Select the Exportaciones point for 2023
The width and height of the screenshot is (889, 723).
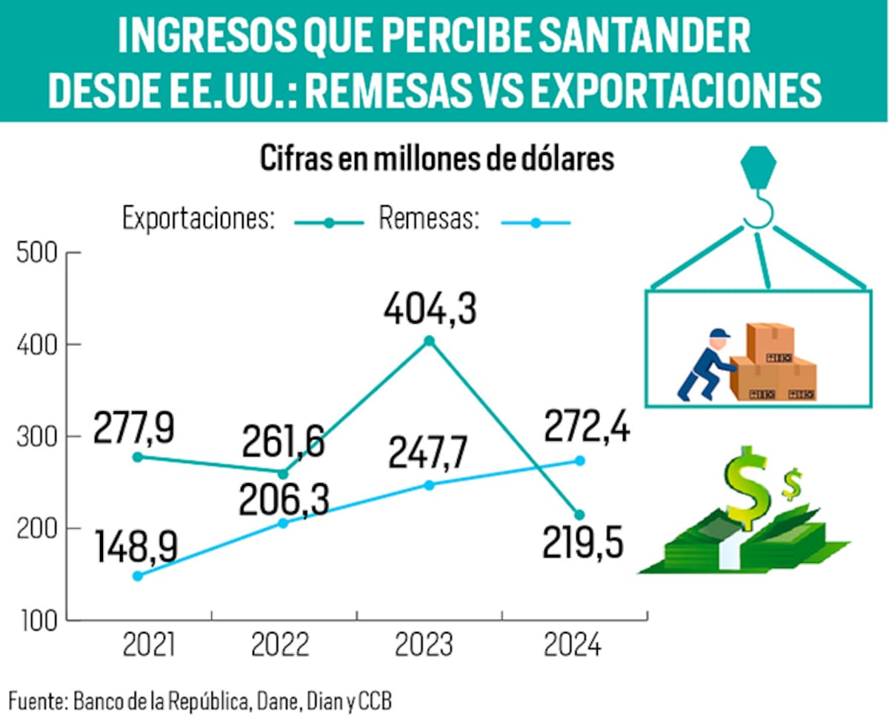[x=429, y=341]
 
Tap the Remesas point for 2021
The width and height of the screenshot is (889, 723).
[x=137, y=576]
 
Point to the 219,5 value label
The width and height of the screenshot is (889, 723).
[x=582, y=546]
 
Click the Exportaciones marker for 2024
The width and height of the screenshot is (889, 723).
[x=579, y=515]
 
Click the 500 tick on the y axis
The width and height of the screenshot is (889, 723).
[x=36, y=253]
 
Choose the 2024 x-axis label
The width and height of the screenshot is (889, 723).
[x=573, y=645]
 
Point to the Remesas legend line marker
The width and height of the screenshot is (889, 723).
[x=536, y=221]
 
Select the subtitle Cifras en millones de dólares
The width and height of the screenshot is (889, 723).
[x=437, y=159]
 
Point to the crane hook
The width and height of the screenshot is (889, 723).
[x=758, y=193]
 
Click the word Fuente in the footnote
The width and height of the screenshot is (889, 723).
[x=37, y=700]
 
